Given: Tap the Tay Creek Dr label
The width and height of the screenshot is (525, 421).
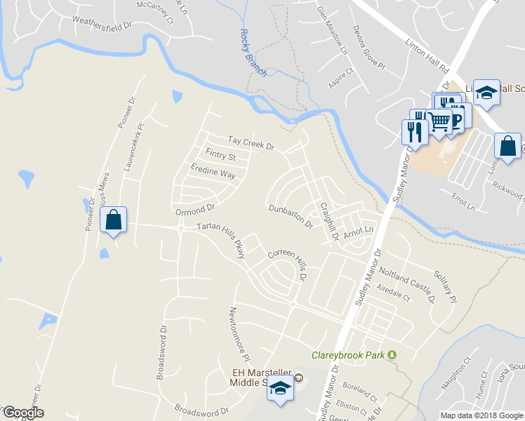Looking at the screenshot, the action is coord(249,142).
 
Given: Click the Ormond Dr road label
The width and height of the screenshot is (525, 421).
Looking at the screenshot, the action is coord(194,210).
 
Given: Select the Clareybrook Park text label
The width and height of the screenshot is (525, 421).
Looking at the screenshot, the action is coord(349,355).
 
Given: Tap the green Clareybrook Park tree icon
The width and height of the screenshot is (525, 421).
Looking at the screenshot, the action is coord(392,355).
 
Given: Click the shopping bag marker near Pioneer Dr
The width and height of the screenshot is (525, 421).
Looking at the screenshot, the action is coord(113,220).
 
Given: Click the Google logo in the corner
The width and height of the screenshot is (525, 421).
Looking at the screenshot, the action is coord(22,413).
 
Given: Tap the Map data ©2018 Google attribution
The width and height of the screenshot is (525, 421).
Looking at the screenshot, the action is coord(481,415).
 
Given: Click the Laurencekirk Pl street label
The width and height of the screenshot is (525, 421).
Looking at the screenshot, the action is coord(131,149).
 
